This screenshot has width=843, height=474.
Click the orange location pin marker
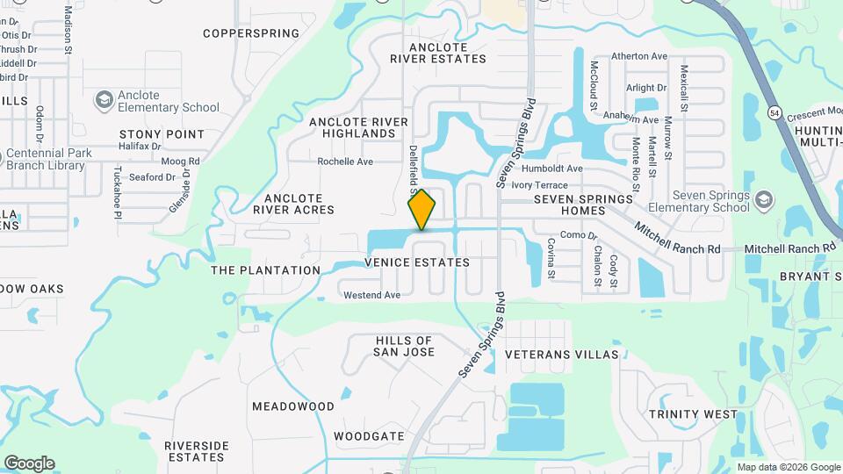point(421,209)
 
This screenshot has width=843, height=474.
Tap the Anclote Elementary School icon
point(104,99)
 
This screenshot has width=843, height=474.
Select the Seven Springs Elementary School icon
point(763,199)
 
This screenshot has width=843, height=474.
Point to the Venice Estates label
point(417,262)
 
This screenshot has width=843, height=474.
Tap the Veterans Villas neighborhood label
point(562,355)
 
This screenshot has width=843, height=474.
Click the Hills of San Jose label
point(405,346)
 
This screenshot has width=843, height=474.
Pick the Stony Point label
point(162,134)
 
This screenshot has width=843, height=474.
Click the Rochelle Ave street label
point(345,162)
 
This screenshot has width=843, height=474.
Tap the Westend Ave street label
point(371,295)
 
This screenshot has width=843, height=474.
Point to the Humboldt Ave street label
point(551,169)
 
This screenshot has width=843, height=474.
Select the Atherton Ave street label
point(639,56)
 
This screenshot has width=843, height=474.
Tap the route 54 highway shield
point(774,112)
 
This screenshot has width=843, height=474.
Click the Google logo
point(29,463)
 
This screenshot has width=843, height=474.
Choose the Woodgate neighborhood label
point(369,435)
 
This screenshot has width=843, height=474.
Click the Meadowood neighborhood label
point(293,406)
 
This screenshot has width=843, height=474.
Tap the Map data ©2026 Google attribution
point(788,467)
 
